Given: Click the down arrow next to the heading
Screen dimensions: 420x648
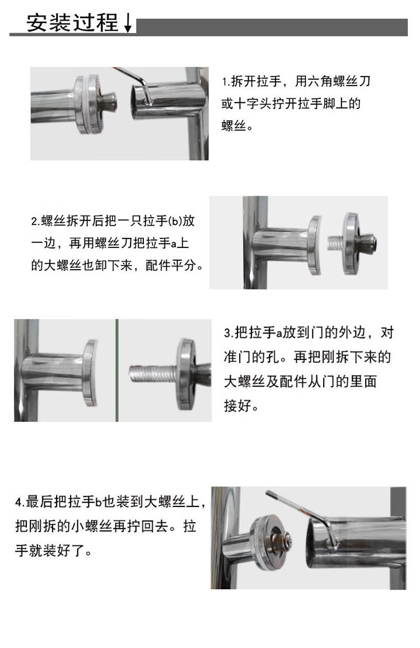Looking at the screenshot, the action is (x=128, y=23).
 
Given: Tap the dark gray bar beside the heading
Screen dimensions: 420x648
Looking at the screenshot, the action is (x=272, y=27).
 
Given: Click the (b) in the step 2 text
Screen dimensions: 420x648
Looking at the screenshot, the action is (x=176, y=220).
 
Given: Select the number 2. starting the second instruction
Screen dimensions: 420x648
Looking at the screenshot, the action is (x=35, y=221).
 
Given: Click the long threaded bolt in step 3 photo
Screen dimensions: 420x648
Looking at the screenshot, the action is (x=153, y=373).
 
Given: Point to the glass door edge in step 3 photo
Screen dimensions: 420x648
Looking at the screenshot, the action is (x=117, y=370).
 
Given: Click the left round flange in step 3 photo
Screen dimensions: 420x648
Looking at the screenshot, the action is (x=91, y=372).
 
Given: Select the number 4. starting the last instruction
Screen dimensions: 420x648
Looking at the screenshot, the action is (x=20, y=502).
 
